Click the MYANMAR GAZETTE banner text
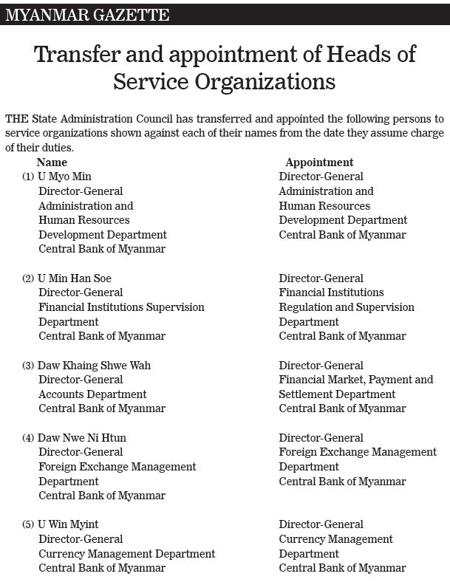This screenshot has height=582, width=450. pos(87,13)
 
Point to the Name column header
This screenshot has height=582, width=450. pos(52,162)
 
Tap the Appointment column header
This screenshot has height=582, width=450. pos(319,162)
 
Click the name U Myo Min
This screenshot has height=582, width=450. pos(64,177)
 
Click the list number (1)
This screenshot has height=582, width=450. pos(28,177)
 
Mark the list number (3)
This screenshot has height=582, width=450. pos(28,366)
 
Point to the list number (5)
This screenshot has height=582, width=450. pos(28,525)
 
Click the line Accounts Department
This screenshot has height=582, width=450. pos(92,394)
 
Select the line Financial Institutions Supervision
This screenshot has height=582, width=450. pos(121,307)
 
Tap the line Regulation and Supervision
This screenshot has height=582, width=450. pos(347,307)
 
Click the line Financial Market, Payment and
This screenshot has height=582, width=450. pos(356,380)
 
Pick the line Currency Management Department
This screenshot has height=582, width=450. pos(126,554)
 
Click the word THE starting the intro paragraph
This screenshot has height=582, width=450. pos(17,119)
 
